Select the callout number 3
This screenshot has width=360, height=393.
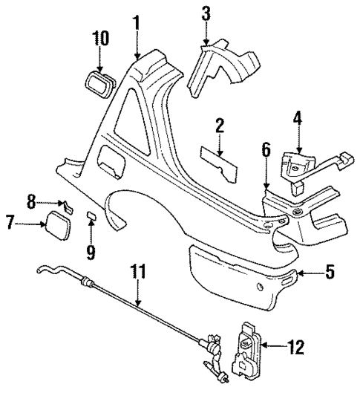tap(206, 13)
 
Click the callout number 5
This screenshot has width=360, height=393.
tap(330, 273)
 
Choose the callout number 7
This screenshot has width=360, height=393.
tap(10, 222)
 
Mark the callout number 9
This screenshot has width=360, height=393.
tap(90, 253)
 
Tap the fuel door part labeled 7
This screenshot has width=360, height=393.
tap(57, 223)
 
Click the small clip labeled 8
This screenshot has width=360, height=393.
tap(65, 204)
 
